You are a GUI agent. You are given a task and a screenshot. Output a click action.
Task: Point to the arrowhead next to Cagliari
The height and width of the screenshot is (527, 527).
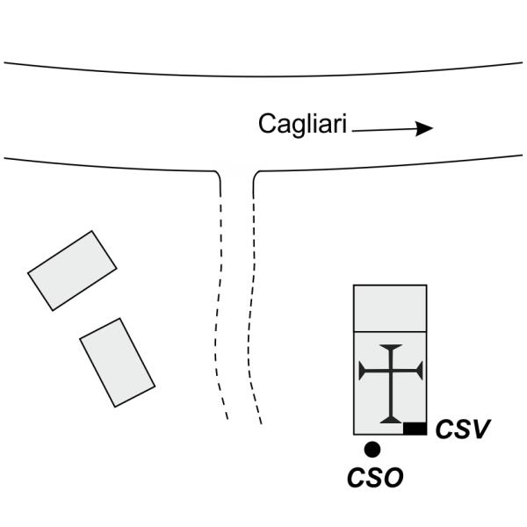click(x=425, y=128)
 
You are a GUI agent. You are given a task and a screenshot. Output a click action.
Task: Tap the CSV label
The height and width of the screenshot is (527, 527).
click(x=462, y=430)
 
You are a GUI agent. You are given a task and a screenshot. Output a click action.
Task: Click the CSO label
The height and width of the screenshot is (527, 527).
click(x=375, y=478)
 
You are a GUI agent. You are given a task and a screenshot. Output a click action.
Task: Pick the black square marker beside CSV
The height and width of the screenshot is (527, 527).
click(x=415, y=429)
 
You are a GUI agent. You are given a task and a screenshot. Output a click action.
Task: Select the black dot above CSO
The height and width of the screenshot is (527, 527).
click(x=372, y=450)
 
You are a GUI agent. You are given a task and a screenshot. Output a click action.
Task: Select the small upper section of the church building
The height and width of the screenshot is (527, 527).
click(x=390, y=307)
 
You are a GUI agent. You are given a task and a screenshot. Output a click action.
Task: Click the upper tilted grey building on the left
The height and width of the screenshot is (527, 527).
click(x=72, y=270)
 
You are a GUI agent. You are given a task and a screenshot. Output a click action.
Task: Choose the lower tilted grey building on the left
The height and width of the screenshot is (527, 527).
click(x=117, y=362)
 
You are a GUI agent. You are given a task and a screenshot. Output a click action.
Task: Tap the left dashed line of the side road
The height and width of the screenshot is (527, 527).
click(x=221, y=299)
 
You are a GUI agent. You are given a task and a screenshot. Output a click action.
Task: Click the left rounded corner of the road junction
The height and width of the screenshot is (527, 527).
click(x=216, y=175)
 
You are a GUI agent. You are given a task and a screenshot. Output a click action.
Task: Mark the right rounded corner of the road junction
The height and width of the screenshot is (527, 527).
click(x=256, y=175)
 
